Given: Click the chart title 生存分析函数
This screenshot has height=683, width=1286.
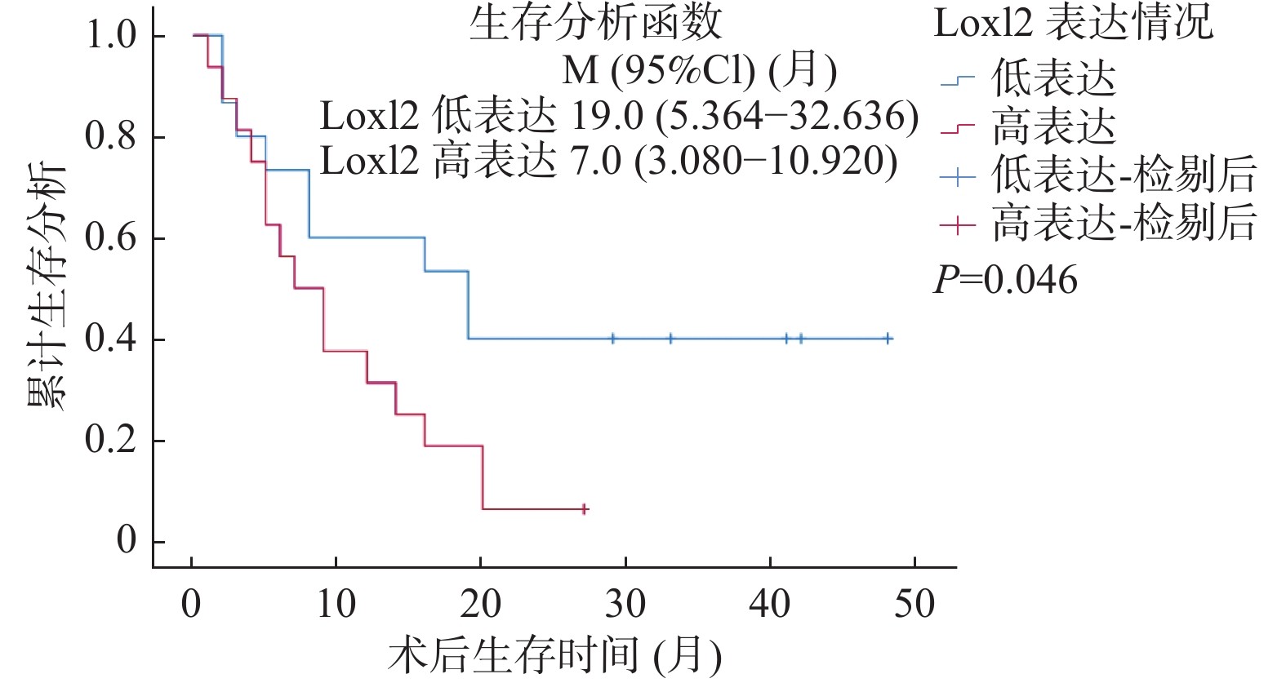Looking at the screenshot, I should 596,23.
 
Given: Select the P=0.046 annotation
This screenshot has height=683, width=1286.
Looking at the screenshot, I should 1005,280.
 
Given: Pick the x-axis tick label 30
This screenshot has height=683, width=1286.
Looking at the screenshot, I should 625,605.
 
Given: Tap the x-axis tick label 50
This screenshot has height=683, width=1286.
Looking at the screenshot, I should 914,605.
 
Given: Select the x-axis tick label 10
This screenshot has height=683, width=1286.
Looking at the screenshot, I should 336,605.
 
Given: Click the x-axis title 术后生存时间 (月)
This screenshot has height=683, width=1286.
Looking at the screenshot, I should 555,655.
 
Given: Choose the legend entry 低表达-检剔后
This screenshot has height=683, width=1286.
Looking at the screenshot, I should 1123,175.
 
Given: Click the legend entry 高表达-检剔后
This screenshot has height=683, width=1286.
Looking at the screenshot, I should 1123,223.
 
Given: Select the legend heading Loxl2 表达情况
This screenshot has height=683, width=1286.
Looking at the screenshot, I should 1073,23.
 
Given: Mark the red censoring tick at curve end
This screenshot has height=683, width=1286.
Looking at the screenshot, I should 584,509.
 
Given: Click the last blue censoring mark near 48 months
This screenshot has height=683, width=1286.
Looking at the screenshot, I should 888,339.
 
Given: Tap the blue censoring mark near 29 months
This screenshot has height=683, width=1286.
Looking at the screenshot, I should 612,339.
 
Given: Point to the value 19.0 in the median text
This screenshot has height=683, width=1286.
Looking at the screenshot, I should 607,117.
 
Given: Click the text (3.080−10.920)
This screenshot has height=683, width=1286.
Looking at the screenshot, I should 766,162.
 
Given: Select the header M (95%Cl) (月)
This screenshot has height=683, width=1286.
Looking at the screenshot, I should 700,71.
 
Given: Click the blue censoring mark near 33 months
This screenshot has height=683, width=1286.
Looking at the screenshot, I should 670,339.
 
